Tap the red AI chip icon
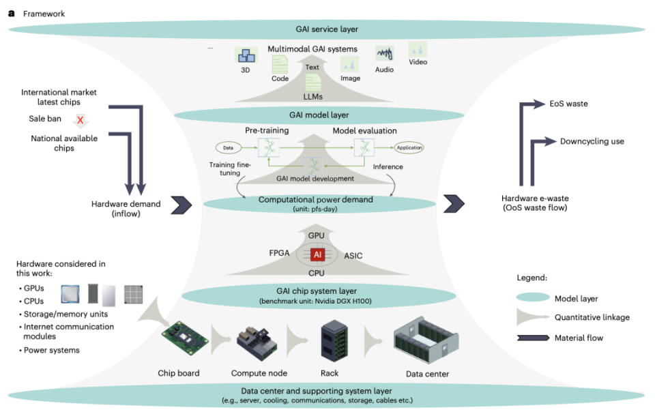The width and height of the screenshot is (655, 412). click(x=317, y=254)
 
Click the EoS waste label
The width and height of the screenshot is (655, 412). click(x=568, y=104)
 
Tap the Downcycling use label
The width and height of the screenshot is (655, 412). click(x=592, y=141)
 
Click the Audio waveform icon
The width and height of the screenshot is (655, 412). click(x=385, y=53)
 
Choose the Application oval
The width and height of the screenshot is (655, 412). click(x=409, y=147)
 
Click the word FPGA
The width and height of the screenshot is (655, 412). click(x=278, y=253)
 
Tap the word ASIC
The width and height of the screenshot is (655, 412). click(x=353, y=256)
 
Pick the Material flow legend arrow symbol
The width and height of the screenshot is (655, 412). click(x=534, y=337)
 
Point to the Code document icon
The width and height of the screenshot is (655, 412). click(x=280, y=65)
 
